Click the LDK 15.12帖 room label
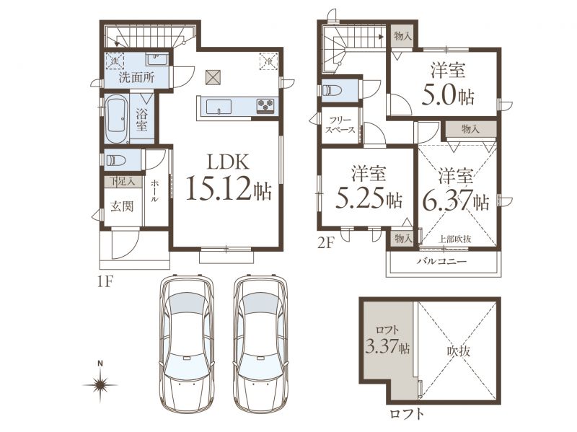click(229, 177)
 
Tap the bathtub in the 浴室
click(116, 118)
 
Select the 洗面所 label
click(137, 78)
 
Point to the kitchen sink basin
click(219, 107)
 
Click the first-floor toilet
click(115, 160)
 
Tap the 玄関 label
click(122, 206)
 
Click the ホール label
click(155, 191)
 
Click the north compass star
click(100, 385)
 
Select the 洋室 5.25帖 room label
click(369, 188)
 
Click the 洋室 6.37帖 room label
click(456, 190)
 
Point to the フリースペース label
click(340, 125)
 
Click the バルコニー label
click(441, 262)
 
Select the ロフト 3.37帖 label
click(387, 340)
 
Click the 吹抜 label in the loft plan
click(459, 351)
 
